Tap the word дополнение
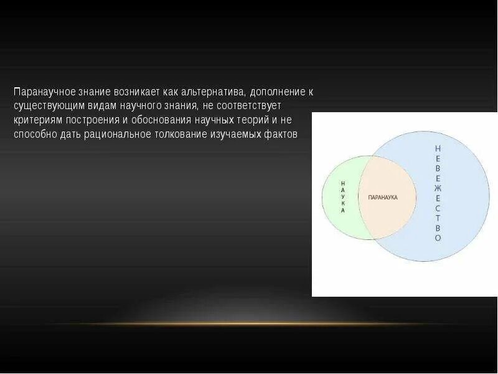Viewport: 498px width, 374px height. [275, 92]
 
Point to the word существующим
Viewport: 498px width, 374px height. [45, 105]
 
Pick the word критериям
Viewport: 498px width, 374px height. [37, 120]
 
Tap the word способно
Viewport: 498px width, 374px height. [35, 134]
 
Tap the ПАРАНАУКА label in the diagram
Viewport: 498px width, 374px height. [383, 197]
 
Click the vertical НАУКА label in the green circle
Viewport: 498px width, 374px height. [342, 197]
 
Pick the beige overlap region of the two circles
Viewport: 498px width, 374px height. [386, 212]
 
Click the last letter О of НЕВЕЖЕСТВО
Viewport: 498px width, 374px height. [438, 238]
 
